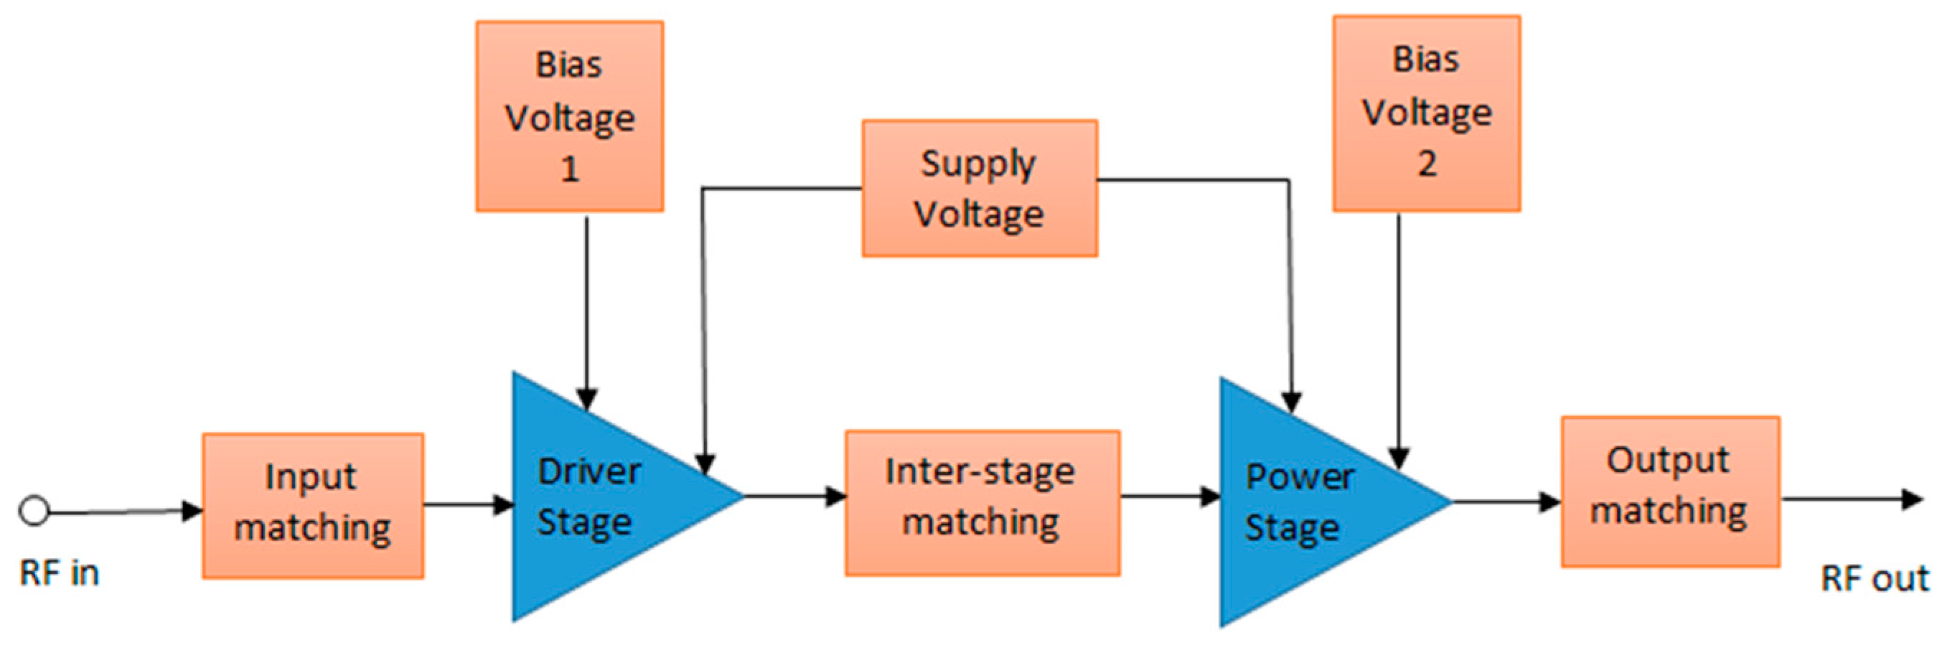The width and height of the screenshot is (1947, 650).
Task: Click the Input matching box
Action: [x=312, y=506]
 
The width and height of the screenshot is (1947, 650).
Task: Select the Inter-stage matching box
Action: [x=982, y=503]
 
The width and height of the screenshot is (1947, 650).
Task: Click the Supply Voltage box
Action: [x=980, y=188]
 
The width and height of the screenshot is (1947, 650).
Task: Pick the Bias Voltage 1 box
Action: [x=569, y=116]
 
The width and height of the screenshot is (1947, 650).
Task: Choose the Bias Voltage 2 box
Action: [x=1426, y=113]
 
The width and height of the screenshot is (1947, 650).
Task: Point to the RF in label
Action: [x=59, y=574]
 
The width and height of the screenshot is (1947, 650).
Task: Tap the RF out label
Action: [x=1875, y=579]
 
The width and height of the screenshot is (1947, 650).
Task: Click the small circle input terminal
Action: [x=34, y=511]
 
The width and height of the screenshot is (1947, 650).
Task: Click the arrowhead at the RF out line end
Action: [x=1913, y=499]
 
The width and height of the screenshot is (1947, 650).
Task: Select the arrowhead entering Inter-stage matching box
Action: [x=835, y=496]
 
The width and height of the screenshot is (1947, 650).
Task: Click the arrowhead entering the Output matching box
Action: [x=1549, y=501]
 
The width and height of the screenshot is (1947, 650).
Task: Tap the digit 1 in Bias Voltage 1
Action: [x=570, y=169]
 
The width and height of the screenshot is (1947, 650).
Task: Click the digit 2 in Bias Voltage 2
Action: [x=1426, y=164]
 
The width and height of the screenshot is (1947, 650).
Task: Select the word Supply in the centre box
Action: [x=978, y=164]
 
